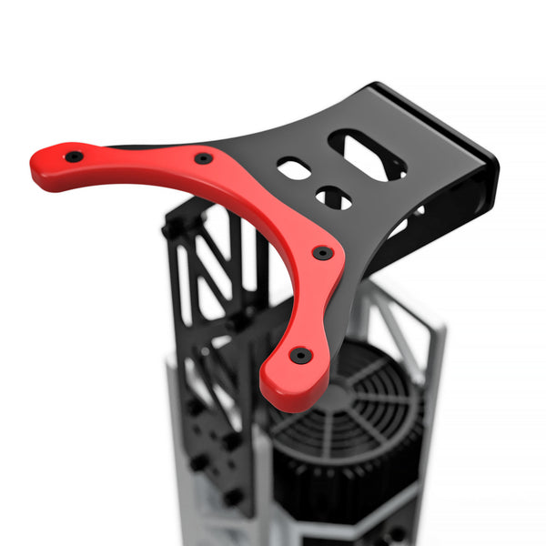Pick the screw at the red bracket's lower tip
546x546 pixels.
click(300, 355)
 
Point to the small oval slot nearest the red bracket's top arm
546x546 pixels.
click(293, 168)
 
